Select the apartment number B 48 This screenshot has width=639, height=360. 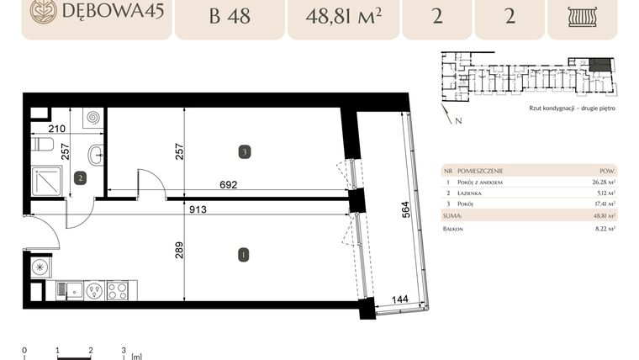click(229, 16)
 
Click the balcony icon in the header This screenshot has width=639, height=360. click(582, 17)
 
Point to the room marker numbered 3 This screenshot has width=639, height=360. click(243, 152)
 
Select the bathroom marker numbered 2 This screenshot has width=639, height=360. click(80, 177)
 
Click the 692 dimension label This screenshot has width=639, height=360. click(229, 184)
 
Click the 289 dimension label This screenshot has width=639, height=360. click(179, 251)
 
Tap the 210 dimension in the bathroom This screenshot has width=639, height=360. click(57, 129)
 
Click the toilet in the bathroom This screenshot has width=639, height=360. click(42, 146)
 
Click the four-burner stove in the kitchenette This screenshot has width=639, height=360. click(118, 291)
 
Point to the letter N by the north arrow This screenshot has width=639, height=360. click(457, 122)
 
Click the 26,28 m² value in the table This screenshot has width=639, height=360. click(604, 181)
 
